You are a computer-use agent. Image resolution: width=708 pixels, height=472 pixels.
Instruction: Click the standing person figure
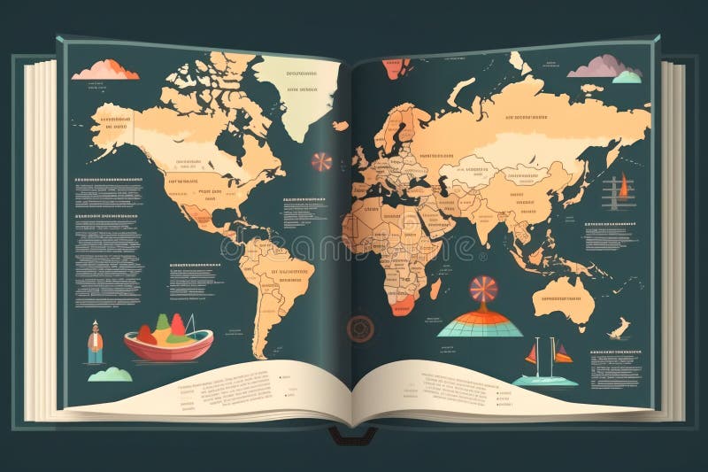(x=95, y=343)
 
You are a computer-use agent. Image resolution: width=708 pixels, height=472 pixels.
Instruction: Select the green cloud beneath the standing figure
(x=110, y=375)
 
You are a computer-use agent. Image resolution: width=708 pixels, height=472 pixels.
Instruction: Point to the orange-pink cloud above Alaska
(x=105, y=70)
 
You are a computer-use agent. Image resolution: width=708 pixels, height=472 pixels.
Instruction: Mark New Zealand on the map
(x=619, y=329)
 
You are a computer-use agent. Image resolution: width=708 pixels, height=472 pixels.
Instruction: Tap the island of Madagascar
(x=436, y=289)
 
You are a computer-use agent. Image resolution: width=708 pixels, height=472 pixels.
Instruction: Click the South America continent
(x=274, y=275)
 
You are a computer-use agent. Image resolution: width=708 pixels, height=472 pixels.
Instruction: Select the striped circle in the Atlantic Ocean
(x=321, y=162)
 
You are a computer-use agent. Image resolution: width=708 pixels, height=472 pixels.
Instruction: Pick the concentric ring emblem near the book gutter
(x=360, y=328)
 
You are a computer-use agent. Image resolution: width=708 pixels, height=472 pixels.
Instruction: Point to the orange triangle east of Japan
(x=624, y=186)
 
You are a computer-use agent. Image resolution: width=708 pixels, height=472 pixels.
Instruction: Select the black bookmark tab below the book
(x=352, y=433)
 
